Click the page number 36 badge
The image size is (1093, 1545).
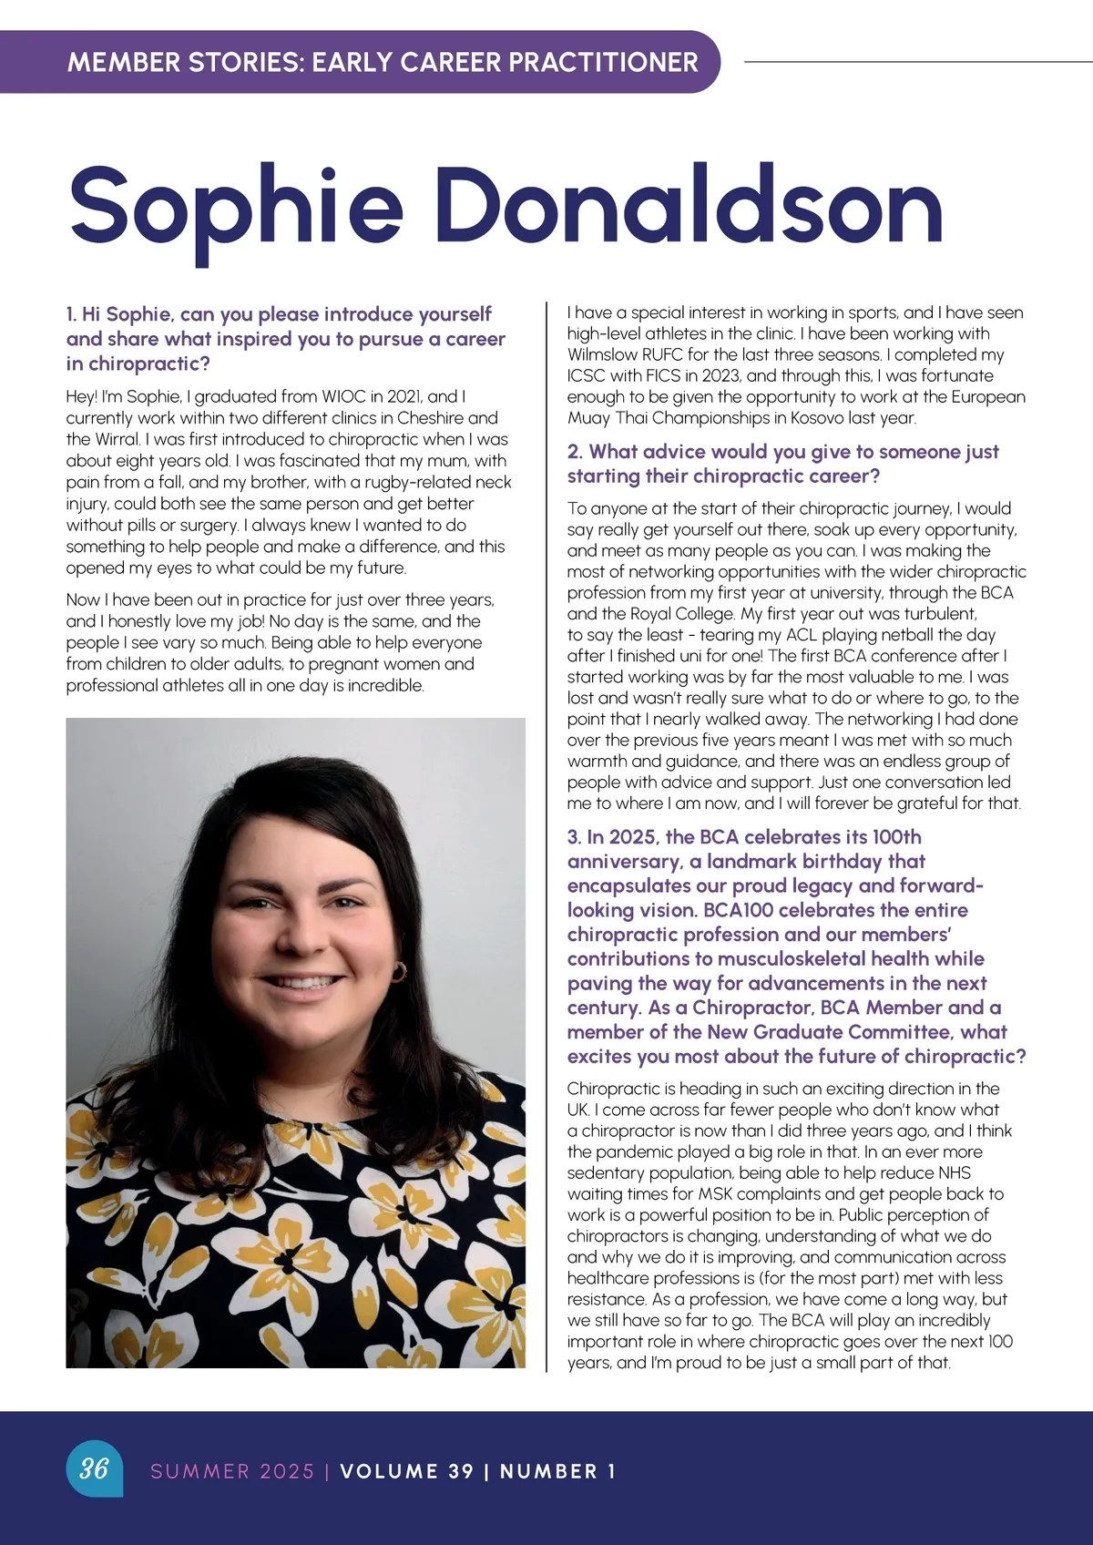pyautogui.click(x=94, y=1468)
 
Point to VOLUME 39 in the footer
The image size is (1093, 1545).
pyautogui.click(x=406, y=1471)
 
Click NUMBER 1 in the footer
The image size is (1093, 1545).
pyautogui.click(x=557, y=1471)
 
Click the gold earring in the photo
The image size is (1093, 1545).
pyautogui.click(x=398, y=972)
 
